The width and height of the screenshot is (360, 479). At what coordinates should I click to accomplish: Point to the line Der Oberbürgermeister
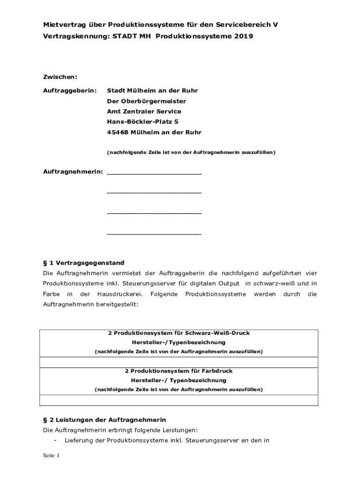click(x=146, y=101)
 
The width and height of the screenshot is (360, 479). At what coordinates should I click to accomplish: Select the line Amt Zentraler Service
click(x=144, y=111)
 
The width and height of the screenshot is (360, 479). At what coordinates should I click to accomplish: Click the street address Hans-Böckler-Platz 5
click(x=143, y=122)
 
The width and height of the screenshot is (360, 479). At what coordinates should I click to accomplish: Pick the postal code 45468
click(x=117, y=132)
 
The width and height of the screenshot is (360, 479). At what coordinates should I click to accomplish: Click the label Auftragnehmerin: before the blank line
click(x=73, y=172)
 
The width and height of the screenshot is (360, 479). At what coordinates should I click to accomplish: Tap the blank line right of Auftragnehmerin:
click(x=154, y=173)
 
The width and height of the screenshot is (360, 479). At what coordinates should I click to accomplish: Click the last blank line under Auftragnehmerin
click(x=154, y=233)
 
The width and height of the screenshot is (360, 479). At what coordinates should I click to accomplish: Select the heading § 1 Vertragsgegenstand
click(x=84, y=263)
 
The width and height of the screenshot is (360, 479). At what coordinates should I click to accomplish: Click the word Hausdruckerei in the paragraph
click(x=116, y=294)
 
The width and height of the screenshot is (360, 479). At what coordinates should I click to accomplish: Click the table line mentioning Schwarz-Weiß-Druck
click(x=179, y=333)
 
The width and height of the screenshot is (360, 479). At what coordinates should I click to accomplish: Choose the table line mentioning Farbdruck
click(x=179, y=371)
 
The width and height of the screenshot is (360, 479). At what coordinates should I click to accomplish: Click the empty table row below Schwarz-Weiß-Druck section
click(x=179, y=362)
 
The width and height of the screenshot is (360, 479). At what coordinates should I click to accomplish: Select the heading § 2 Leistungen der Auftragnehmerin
click(x=104, y=420)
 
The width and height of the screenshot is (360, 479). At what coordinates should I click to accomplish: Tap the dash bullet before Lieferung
click(x=56, y=441)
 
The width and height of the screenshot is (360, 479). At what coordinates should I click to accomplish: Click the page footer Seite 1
click(x=51, y=456)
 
